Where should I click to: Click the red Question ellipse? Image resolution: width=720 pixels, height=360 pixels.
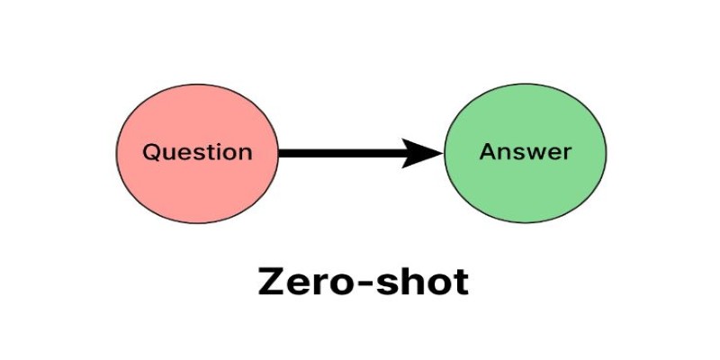197,153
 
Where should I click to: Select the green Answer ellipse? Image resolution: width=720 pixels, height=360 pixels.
525,153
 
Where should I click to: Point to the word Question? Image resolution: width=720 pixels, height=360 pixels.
197,152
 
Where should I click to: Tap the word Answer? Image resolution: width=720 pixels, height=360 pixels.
526,151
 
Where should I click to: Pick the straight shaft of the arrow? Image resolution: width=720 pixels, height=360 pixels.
342,153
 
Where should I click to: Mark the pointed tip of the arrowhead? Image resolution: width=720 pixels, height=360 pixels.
443,153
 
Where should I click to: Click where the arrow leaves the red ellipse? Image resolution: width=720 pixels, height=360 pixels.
279,153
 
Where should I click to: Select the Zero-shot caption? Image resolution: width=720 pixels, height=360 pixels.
364,281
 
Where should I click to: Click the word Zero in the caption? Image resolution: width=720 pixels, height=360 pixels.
301,282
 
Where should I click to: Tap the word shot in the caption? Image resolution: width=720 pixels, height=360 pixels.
421,281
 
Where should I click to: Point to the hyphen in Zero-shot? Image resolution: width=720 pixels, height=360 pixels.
359,283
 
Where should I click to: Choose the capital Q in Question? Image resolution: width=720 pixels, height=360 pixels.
151,153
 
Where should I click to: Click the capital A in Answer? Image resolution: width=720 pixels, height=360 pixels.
488,151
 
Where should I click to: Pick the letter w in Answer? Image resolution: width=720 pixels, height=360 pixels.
538,154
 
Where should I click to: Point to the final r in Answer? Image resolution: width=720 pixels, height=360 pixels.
568,154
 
